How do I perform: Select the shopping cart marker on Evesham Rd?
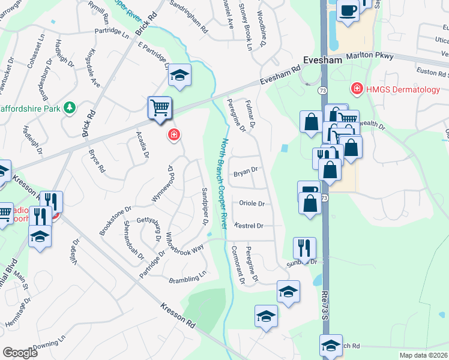coord(160,109)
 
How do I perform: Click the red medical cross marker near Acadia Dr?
coord(174,135)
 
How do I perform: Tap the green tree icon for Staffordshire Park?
coord(70,107)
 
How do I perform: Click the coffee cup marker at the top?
coord(348,10)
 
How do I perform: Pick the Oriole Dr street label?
coord(252,203)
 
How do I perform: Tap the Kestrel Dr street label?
coord(252,226)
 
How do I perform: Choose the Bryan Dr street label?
coord(246,170)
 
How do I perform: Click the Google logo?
coord(20,353)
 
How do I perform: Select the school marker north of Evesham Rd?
coord(179,75)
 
